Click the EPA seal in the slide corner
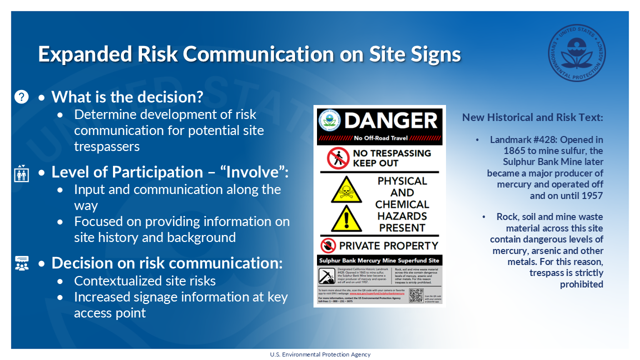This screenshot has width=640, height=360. (576, 52)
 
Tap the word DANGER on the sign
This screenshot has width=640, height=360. (391, 120)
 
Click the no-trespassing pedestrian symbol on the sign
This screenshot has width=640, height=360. (338, 158)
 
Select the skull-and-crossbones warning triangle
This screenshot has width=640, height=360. (346, 189)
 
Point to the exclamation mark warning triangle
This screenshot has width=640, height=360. (346, 219)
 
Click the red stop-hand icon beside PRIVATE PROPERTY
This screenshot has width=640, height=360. (328, 245)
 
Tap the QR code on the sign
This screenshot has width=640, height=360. (416, 295)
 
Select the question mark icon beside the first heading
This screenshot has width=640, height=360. (21, 96)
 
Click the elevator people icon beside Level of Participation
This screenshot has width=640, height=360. (21, 172)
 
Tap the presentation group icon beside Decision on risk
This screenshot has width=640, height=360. (21, 263)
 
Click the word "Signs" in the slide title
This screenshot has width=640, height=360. (435, 54)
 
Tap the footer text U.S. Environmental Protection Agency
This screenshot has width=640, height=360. (320, 354)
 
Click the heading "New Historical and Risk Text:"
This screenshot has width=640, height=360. (532, 117)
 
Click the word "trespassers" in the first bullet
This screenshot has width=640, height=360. (106, 146)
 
